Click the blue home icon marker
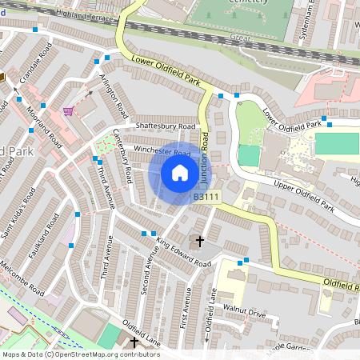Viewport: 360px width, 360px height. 180,172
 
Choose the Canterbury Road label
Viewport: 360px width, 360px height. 122,155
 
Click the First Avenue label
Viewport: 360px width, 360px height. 186,298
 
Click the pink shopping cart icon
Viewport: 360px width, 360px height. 68,110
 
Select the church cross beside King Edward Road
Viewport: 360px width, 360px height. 199,240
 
